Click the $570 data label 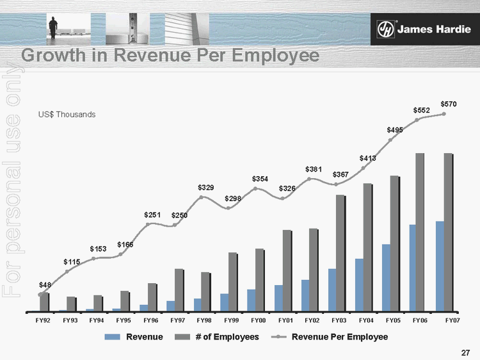click(448, 103)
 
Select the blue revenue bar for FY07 click(440, 266)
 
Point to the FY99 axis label click(231, 320)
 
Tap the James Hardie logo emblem click(385, 30)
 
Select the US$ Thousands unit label click(67, 114)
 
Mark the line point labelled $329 click(202, 197)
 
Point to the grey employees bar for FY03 click(340, 253)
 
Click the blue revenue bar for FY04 click(359, 284)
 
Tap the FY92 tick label click(43, 320)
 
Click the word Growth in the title click(55, 56)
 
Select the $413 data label click(367, 158)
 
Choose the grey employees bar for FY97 click(179, 290)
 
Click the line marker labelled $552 click(417, 120)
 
